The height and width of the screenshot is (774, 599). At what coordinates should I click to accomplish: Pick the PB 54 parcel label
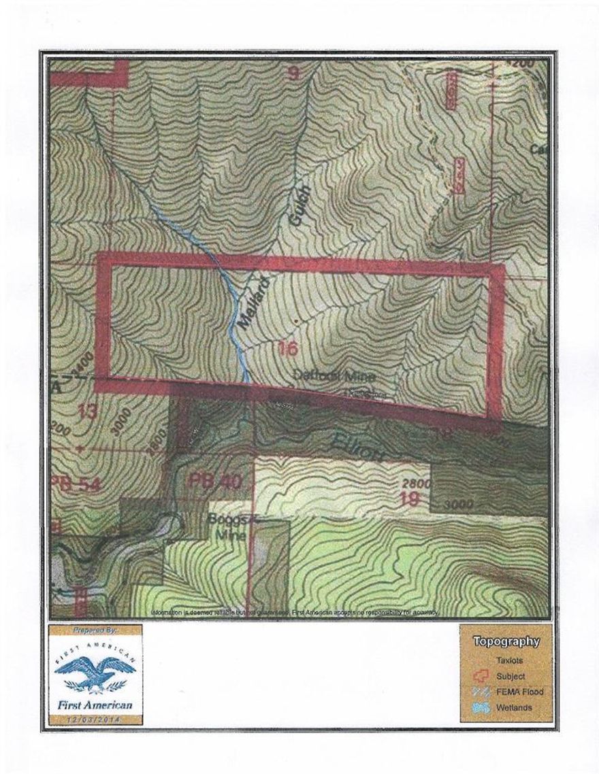tap(72, 484)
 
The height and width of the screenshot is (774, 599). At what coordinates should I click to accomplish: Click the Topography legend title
tap(506, 641)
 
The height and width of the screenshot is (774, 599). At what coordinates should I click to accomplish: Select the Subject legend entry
tap(510, 676)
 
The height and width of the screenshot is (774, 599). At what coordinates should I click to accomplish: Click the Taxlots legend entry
tap(510, 660)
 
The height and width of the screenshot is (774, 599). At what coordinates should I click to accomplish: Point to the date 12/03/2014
tap(95, 717)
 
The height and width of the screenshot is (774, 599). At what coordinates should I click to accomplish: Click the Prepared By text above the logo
tap(95, 630)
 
